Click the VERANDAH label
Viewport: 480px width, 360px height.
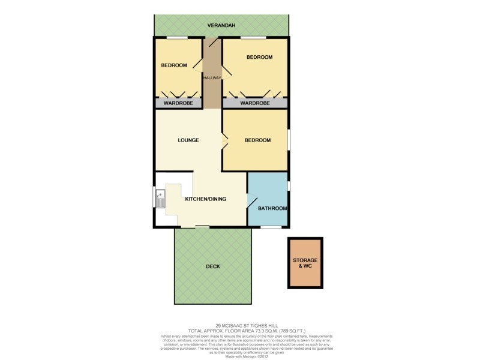[221, 26]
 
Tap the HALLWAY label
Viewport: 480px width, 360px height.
[212, 77]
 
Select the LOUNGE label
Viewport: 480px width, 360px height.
[188, 140]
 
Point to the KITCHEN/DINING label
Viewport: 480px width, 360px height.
[205, 199]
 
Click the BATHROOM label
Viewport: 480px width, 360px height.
[272, 209]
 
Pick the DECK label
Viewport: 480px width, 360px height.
[212, 266]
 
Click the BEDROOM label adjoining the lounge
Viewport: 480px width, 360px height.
[257, 140]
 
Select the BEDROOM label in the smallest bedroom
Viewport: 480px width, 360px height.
[173, 65]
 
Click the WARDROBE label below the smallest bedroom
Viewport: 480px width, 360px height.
[178, 103]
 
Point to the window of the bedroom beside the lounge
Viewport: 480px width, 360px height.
[289, 140]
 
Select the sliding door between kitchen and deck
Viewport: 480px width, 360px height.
[195, 227]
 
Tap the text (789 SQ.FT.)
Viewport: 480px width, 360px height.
[287, 331]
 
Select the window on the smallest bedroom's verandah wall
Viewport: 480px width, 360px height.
[177, 38]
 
